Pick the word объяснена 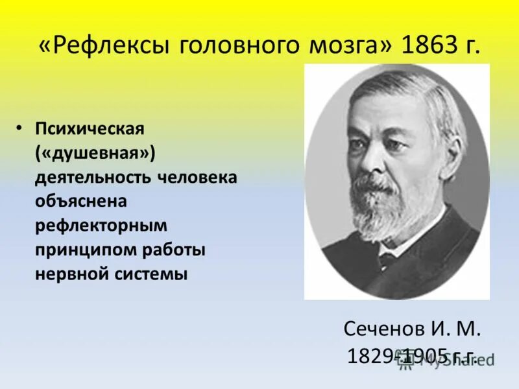80,201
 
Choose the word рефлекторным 101,226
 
